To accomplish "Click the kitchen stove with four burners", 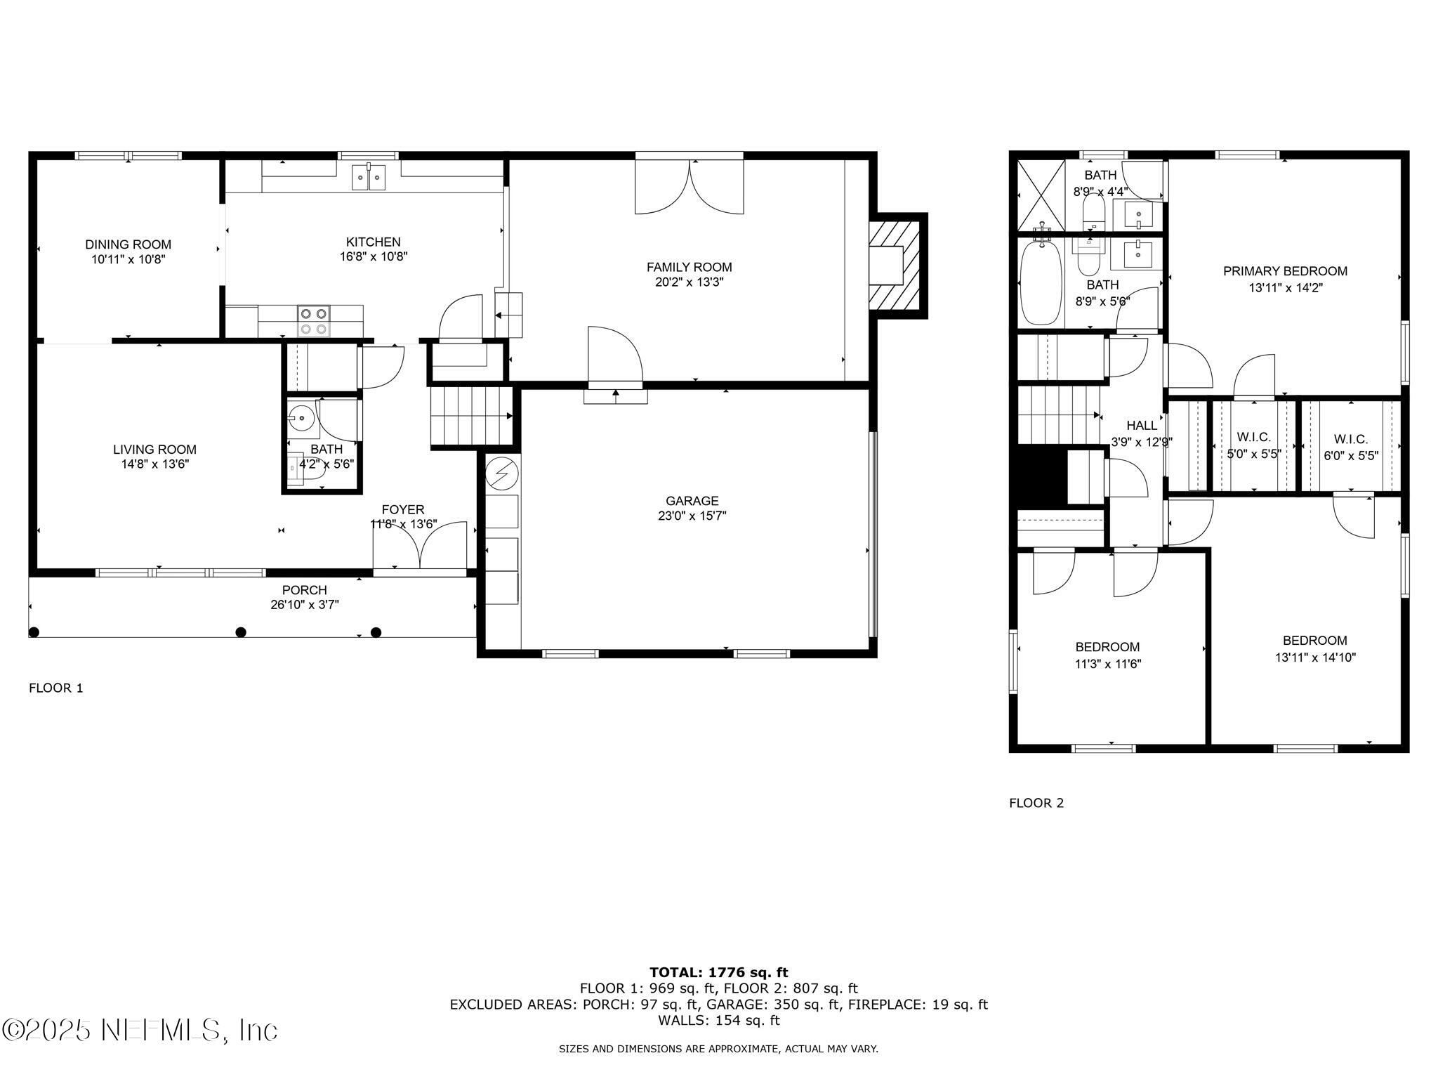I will [313, 321].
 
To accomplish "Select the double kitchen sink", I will [369, 177].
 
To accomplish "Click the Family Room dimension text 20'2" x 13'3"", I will [689, 282].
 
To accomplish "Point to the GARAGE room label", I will [692, 501].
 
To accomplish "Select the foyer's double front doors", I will [420, 545].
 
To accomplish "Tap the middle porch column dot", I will [241, 632].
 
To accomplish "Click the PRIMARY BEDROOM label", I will [1285, 271].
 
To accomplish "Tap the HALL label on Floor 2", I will [1142, 425].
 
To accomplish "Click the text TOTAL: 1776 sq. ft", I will [718, 972].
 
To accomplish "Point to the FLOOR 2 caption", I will [1036, 803].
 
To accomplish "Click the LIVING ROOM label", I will [154, 450].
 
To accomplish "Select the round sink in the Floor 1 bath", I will [300, 418].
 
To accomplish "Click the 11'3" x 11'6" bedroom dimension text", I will [1108, 663].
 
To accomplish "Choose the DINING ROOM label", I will [128, 244].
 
